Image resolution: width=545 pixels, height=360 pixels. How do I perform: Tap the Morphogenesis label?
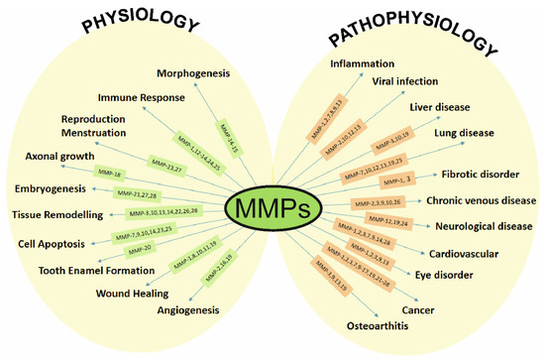coord(193,74)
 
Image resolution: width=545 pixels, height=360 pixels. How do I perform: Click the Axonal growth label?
coord(46,157)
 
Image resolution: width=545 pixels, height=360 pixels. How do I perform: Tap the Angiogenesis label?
coord(184,309)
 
